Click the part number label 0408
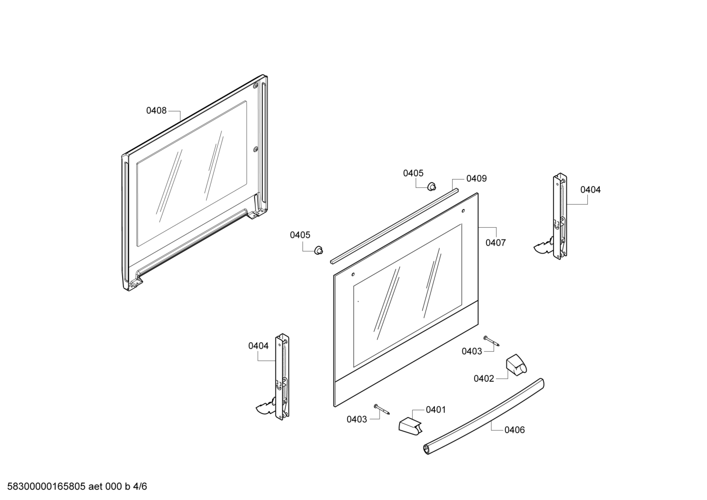156,110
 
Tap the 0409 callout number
477,179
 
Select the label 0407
496,242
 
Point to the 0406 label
514,430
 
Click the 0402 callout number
484,378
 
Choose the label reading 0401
436,410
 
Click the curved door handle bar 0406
483,417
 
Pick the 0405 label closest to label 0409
413,173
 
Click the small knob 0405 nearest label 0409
431,186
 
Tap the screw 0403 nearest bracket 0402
491,341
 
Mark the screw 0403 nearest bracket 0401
381,409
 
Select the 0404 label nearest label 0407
590,190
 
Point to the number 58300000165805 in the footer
47,486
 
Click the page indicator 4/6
140,486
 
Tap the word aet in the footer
96,486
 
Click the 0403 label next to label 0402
472,351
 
